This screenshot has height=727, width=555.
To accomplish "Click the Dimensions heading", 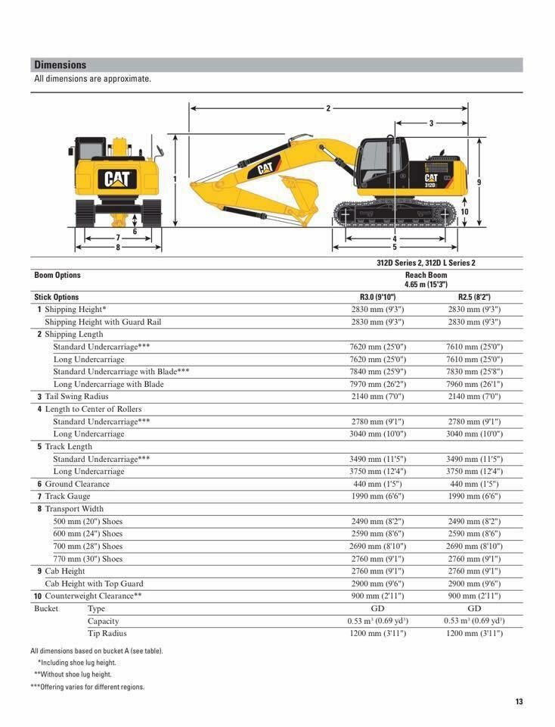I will [x=60, y=65].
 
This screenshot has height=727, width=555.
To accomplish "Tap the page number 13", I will [x=519, y=701].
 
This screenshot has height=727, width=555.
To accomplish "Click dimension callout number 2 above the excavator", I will [x=328, y=108].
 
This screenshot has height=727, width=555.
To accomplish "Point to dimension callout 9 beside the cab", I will [x=479, y=182].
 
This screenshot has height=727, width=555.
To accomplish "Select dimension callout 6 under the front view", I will [x=135, y=232].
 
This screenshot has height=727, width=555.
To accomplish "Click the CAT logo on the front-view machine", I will [x=117, y=179].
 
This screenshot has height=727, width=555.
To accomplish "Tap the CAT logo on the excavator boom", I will [x=265, y=169].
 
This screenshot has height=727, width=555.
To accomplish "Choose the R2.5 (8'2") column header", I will [x=474, y=297].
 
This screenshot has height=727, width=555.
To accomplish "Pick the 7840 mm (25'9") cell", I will [x=377, y=371].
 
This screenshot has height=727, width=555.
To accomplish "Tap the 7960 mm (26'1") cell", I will [x=474, y=384].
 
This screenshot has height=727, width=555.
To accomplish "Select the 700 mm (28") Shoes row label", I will [x=88, y=546].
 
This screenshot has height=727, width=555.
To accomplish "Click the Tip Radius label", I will [x=107, y=633].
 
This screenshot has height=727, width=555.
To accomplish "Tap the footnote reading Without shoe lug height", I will [x=73, y=674].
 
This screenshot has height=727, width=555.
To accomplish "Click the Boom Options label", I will [x=57, y=275].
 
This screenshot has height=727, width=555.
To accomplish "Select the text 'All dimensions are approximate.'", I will [x=92, y=79].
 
